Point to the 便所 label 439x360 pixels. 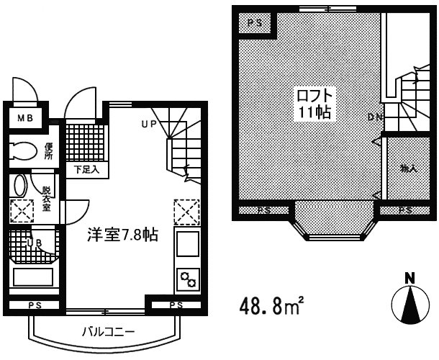pos(49,153)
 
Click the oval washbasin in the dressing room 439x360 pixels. pos(19,184)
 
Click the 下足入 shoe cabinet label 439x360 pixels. pos(88,170)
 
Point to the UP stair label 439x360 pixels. pos(148,124)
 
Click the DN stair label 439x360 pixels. pos(374,117)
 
